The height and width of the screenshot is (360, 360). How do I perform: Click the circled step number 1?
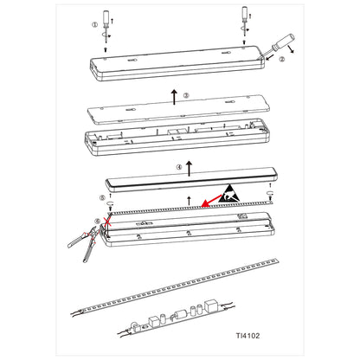95,25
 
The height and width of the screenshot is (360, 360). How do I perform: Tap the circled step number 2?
281,60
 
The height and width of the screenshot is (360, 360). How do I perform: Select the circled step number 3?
186,95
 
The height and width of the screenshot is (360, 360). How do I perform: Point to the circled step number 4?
179,167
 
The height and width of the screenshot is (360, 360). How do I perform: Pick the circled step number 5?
102,198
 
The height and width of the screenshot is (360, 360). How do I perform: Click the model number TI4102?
247,336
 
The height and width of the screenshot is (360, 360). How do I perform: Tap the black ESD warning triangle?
229,194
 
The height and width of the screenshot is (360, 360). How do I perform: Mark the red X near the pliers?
107,222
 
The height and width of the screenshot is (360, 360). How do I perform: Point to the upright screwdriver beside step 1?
106,25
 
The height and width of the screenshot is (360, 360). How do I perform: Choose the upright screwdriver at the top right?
245,22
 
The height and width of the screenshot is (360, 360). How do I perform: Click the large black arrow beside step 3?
174,97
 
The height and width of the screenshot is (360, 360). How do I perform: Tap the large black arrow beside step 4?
189,169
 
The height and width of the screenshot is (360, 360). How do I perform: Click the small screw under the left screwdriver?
106,49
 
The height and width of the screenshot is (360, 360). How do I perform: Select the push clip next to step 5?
110,205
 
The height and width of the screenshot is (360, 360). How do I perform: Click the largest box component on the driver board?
212,306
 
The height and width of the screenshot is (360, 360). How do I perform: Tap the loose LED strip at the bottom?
175,286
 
